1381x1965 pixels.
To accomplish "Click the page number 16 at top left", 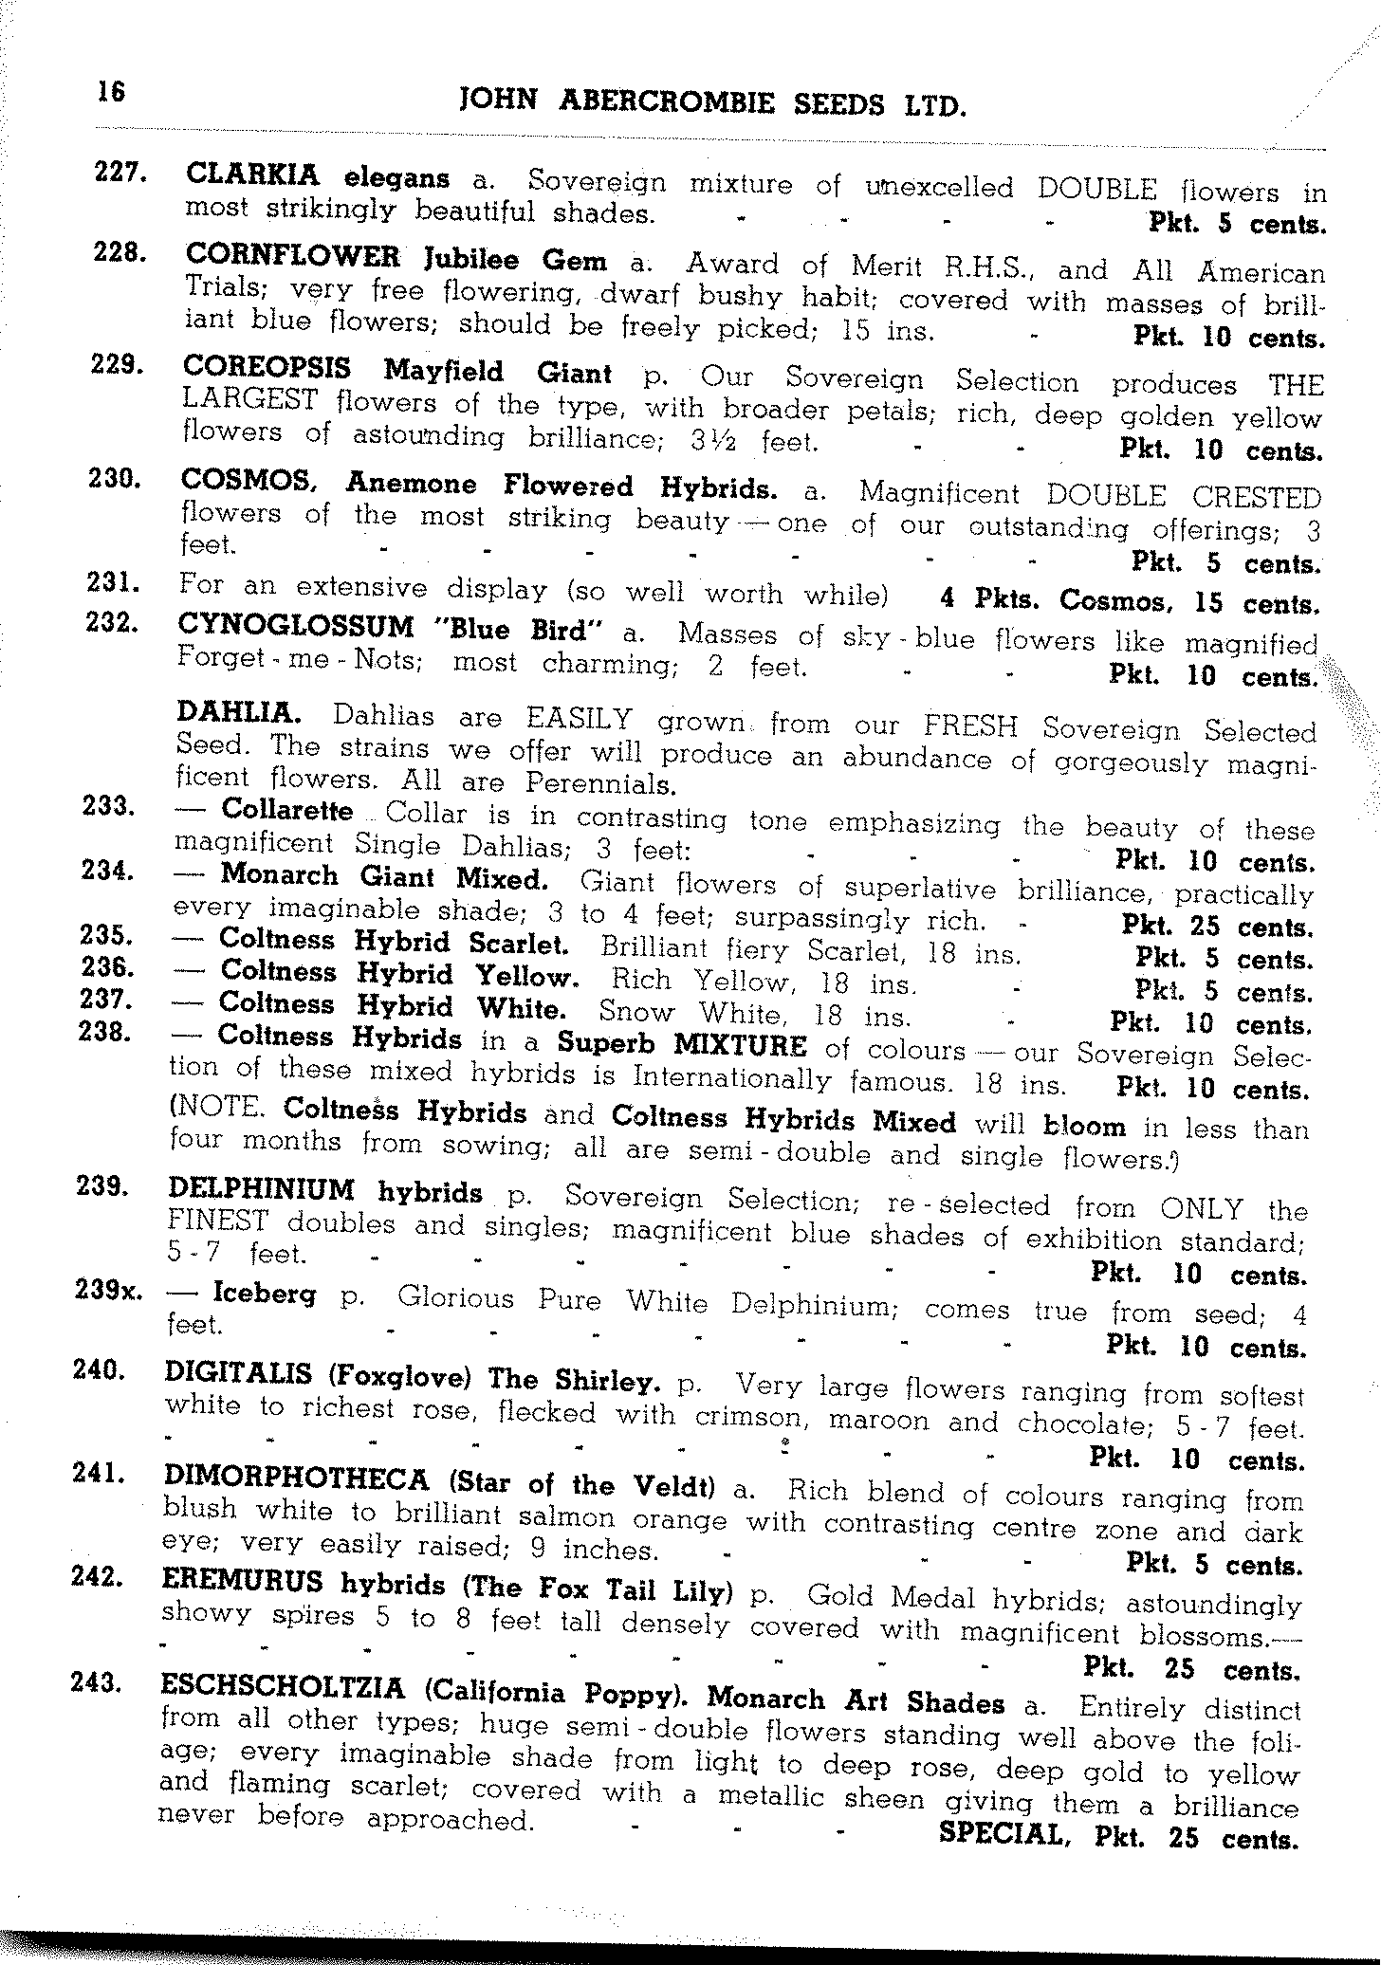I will pos(110,93).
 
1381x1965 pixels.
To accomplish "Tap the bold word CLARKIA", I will pos(253,174).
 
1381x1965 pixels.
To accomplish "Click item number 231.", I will pos(114,581).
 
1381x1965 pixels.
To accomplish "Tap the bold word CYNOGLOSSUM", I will pos(296,627).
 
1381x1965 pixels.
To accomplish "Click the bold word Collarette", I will pos(286,811).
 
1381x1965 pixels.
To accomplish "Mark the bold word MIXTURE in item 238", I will pos(740,1045).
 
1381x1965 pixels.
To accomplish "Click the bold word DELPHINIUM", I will pos(261,1189).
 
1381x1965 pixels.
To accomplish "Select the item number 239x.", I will pos(107,1291).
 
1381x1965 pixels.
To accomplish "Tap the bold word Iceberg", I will pos(264,1294).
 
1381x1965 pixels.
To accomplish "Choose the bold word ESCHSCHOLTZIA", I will pos(283,1688).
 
